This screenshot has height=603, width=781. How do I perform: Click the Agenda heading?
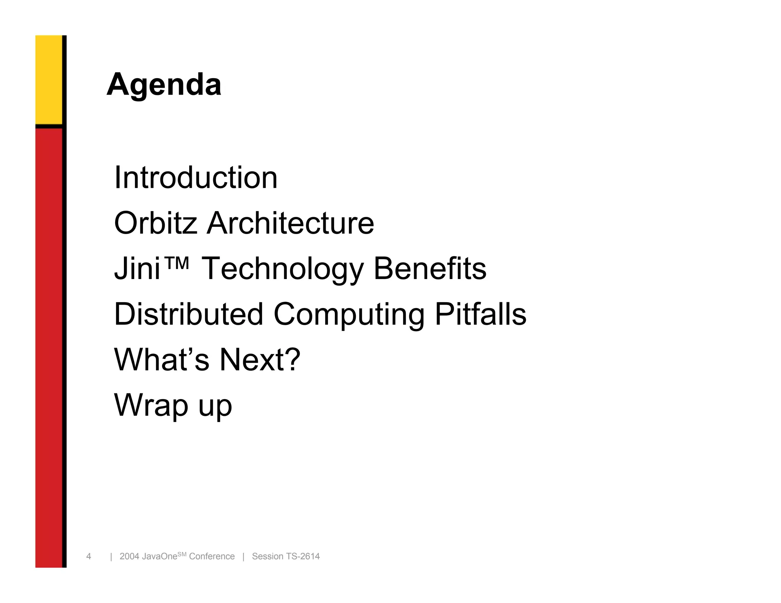click(x=164, y=85)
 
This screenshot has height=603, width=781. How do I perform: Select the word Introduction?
click(x=196, y=178)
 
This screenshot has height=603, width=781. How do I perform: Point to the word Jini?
click(x=137, y=269)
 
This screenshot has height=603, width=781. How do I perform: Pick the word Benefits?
click(x=430, y=268)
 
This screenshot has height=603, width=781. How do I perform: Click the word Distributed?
click(x=189, y=314)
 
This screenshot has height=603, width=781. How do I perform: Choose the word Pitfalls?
click(x=480, y=314)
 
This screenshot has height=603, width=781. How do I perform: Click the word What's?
click(x=162, y=359)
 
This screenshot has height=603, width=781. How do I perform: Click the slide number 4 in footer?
click(x=88, y=556)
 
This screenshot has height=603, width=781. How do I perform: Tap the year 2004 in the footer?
click(x=129, y=556)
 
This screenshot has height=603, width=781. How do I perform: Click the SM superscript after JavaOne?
click(x=182, y=554)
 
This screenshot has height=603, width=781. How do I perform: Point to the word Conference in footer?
click(x=212, y=556)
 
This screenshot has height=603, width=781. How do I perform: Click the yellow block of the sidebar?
click(x=49, y=79)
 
